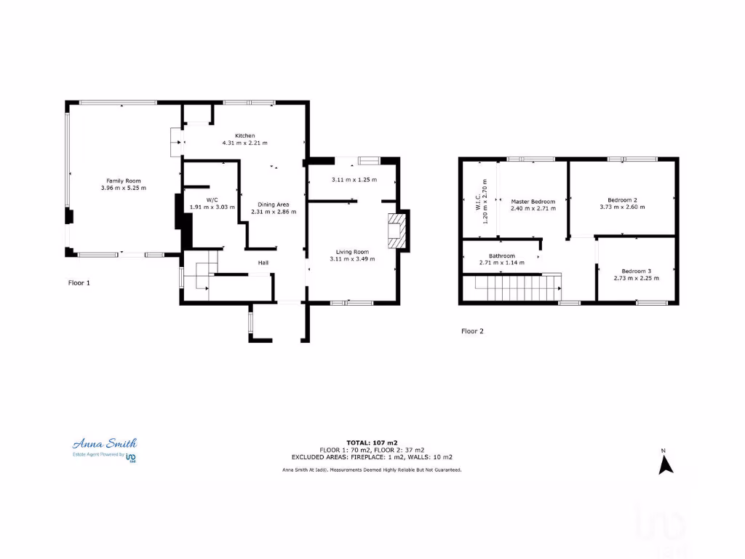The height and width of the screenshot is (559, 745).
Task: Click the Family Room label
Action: point(124,181)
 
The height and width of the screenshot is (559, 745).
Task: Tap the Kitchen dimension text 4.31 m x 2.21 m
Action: point(244,143)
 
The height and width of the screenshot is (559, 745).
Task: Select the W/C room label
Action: point(212,199)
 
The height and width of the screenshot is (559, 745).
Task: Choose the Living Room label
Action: point(353,252)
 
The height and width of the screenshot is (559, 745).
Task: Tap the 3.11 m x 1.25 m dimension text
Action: point(354,180)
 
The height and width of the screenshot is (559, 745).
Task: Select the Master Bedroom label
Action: point(533,202)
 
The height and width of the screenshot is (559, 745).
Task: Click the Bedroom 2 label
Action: point(622,199)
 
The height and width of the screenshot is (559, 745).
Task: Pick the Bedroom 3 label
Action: point(636,271)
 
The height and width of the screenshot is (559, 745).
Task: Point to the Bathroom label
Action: point(502,255)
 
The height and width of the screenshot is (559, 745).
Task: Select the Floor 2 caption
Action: point(472,330)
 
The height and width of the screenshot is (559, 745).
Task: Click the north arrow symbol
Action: point(665,464)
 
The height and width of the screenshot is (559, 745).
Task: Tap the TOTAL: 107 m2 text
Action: point(372,443)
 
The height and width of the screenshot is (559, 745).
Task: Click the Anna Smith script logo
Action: point(104,443)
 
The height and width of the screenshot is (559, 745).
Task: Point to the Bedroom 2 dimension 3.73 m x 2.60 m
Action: point(622,207)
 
